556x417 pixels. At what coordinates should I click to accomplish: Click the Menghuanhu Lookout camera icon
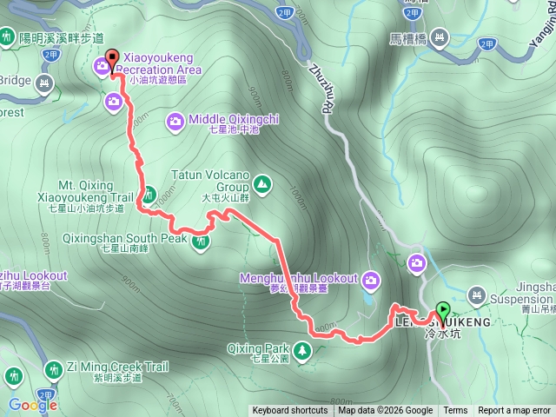(x=371, y=279)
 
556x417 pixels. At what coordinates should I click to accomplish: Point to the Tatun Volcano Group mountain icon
(x=261, y=183)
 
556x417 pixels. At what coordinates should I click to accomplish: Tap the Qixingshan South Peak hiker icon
(x=202, y=241)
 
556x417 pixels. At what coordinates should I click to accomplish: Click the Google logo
(x=33, y=404)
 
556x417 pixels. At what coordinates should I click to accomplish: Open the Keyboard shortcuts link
(x=290, y=411)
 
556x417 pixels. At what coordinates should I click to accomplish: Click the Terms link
(x=455, y=411)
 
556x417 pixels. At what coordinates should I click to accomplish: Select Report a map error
(x=514, y=411)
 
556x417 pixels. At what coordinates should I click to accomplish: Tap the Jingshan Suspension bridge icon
(x=477, y=295)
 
